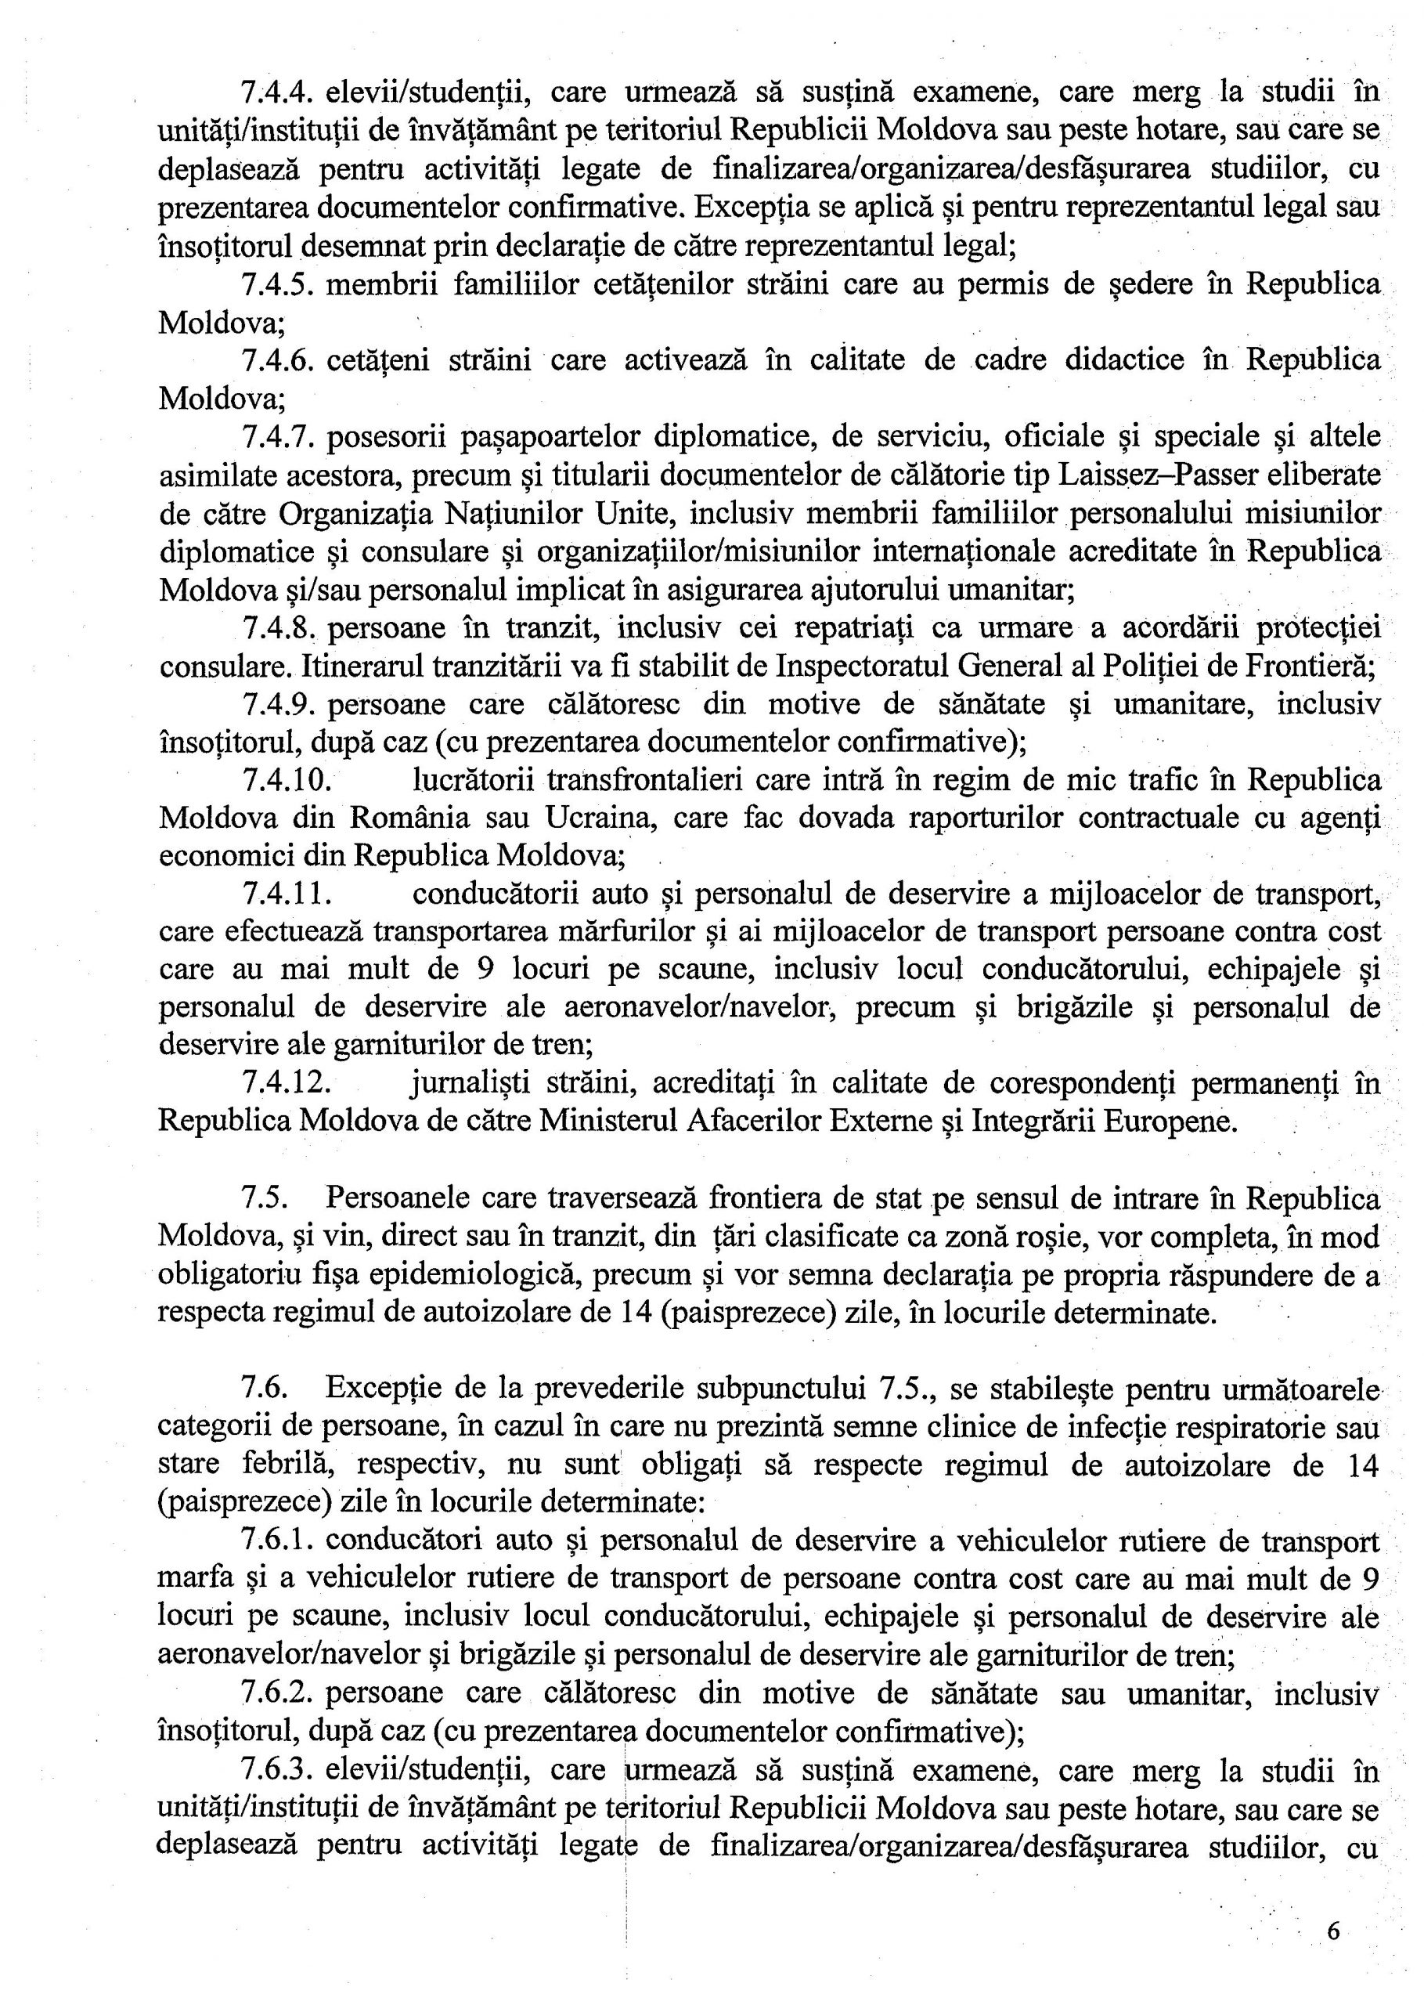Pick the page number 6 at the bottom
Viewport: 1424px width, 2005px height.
tap(1334, 1930)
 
